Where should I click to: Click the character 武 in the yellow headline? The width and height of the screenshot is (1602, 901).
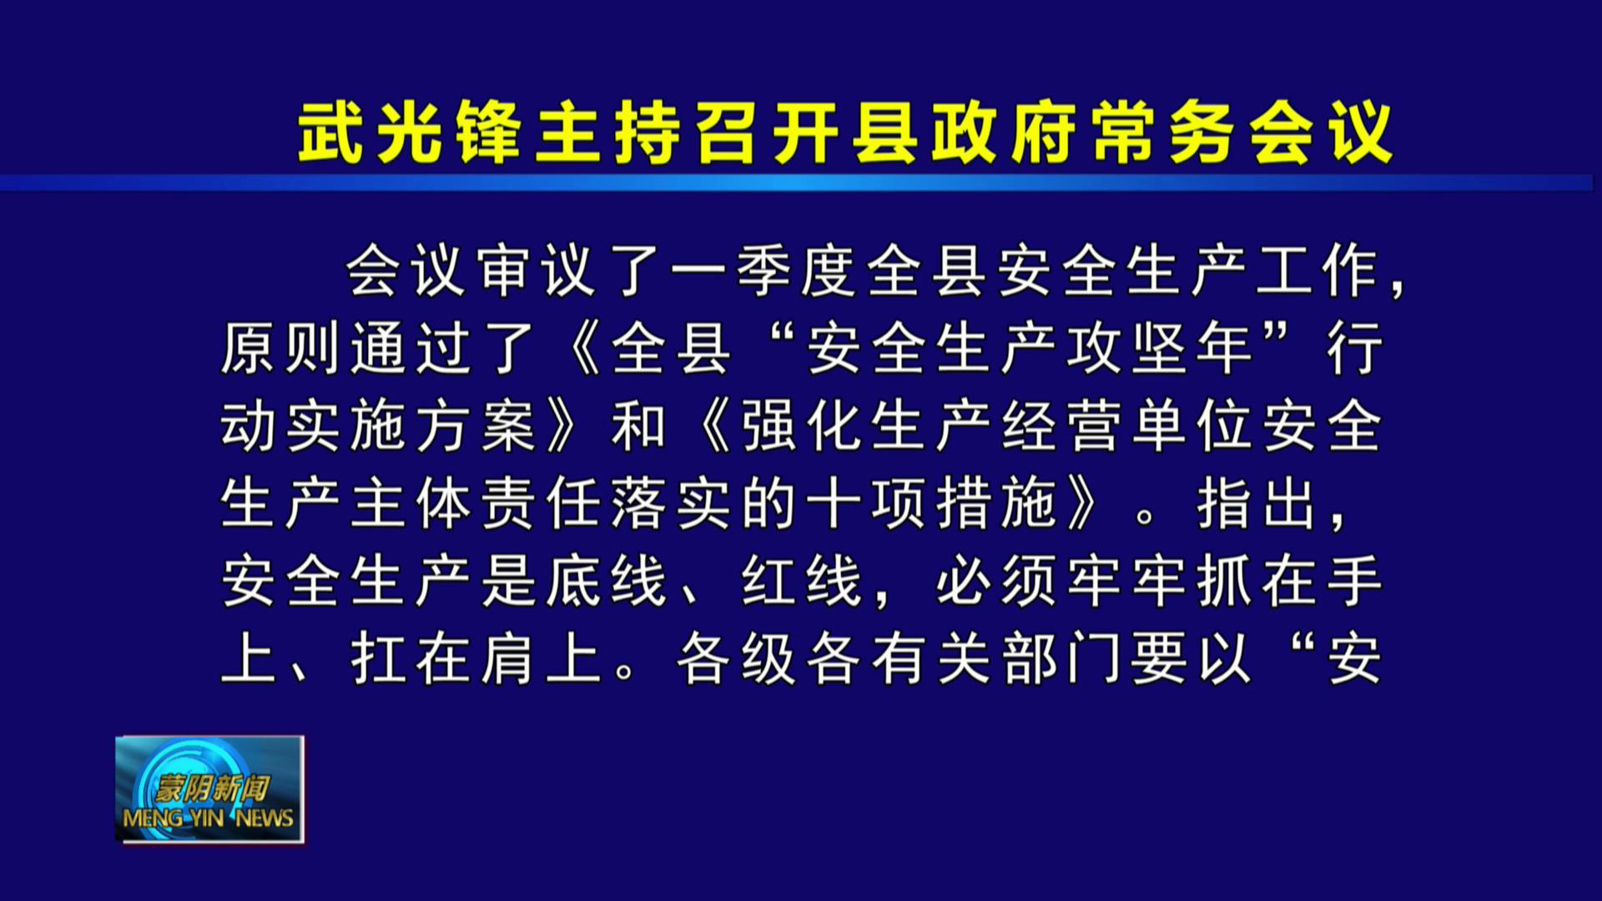[x=330, y=133]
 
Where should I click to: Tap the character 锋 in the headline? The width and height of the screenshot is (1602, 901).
[x=489, y=133]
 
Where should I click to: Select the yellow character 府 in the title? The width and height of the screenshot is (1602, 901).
[x=1044, y=133]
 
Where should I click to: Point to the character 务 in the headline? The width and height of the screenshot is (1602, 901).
[x=1202, y=133]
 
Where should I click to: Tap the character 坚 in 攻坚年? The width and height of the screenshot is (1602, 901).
[x=1159, y=349]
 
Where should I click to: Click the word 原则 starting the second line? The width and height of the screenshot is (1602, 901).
[x=280, y=349]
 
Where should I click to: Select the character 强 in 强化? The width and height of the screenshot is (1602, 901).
[x=768, y=425]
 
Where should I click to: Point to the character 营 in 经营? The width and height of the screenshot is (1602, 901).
[x=1094, y=425]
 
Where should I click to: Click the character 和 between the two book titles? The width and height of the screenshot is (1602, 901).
[x=638, y=425]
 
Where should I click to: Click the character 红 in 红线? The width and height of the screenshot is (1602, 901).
[x=768, y=581]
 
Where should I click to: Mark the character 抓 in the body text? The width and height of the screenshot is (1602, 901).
[x=1224, y=581]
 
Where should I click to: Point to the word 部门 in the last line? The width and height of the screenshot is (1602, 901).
[x=1061, y=659]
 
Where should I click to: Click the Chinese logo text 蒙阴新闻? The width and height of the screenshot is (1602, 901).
[x=212, y=788]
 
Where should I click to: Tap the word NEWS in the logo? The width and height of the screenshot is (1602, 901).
[x=264, y=818]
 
